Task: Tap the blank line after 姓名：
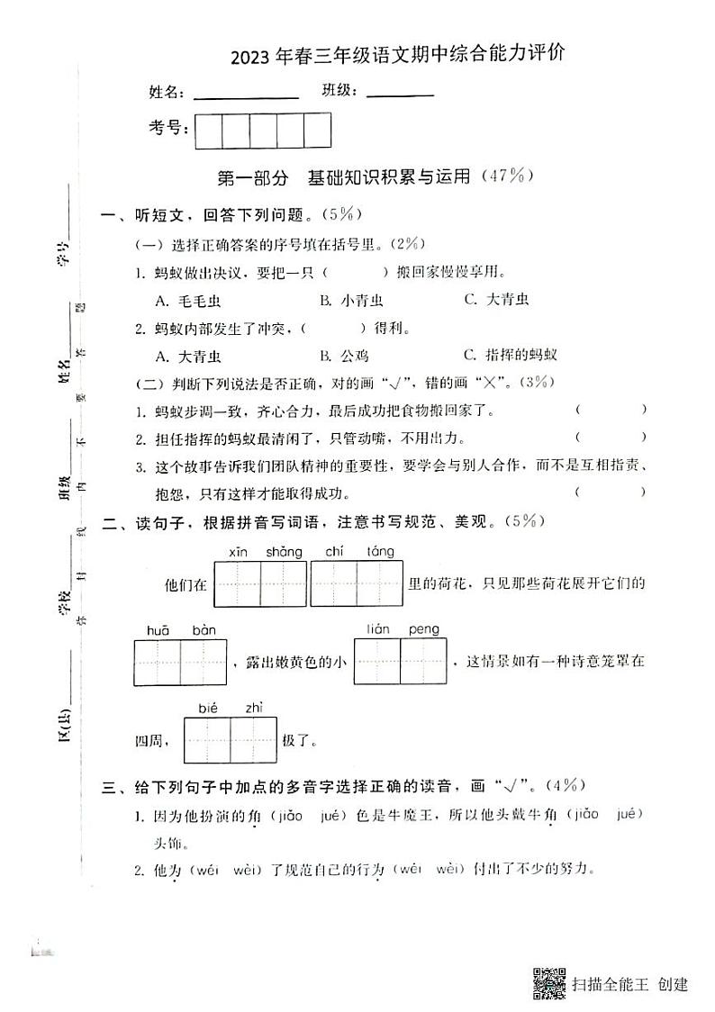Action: coord(246,94)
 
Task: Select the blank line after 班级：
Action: coord(400,93)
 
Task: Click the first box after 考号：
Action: coord(208,131)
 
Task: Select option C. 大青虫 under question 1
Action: coord(496,300)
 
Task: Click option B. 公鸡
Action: coord(344,355)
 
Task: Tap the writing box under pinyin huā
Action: coord(158,663)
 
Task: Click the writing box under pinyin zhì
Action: coord(253,740)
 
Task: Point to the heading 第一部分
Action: coord(252,177)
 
